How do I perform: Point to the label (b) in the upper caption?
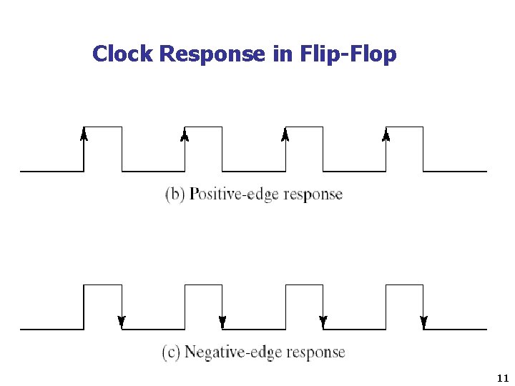tap(175, 194)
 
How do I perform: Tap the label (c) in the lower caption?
tap(172, 352)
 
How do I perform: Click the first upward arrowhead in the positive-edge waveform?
tap(84, 134)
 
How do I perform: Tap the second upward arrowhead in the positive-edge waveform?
tap(185, 134)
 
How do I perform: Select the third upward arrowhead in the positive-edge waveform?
tap(285, 134)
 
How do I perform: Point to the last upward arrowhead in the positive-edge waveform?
tap(386, 134)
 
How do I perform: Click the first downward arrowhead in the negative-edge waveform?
tap(122, 322)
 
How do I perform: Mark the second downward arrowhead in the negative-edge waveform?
tap(222, 322)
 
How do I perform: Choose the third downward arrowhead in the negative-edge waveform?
tap(323, 322)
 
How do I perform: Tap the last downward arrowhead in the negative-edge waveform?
tap(424, 322)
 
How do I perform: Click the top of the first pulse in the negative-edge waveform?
tap(103, 285)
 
